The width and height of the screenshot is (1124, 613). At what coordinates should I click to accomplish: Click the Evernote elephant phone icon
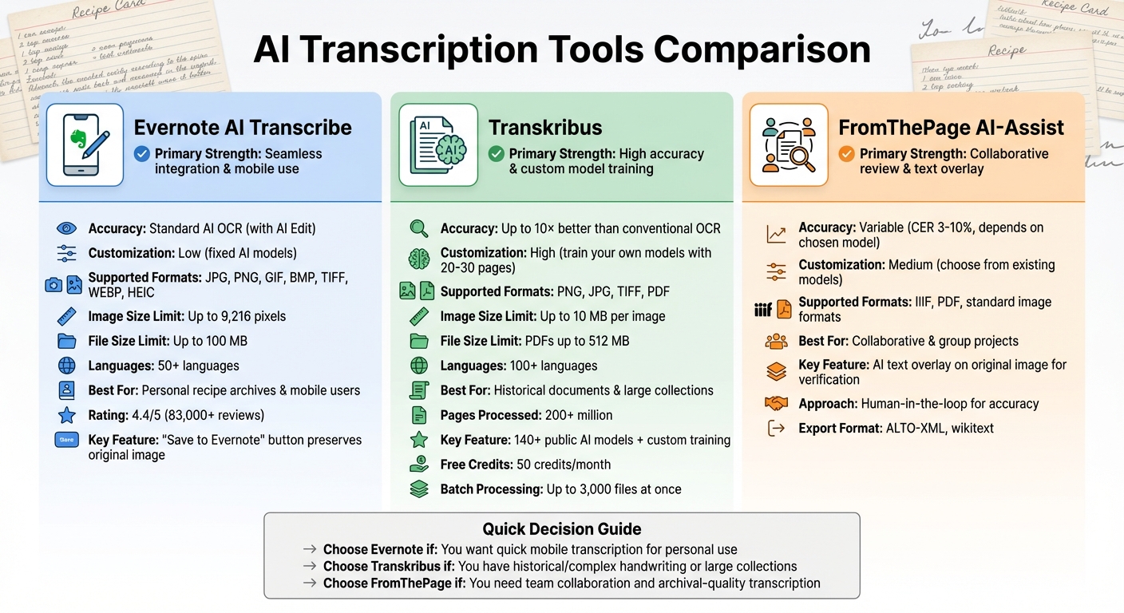(x=85, y=144)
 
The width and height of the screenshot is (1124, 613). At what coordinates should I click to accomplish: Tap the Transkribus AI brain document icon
(x=437, y=144)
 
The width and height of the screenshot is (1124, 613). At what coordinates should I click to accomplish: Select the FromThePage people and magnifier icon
(x=788, y=144)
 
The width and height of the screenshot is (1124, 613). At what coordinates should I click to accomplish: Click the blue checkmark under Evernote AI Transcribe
(x=142, y=154)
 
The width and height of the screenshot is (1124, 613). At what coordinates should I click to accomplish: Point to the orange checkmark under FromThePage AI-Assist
(x=846, y=154)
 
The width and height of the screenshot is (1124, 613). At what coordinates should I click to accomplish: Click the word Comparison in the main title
(x=762, y=49)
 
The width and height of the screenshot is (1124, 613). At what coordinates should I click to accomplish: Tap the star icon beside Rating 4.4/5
(x=67, y=415)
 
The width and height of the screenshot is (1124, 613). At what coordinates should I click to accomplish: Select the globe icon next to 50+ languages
(x=67, y=366)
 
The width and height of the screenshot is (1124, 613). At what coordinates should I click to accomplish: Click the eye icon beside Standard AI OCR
(x=67, y=229)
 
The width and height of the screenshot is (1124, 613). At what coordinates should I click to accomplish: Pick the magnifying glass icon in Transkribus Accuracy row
(x=419, y=229)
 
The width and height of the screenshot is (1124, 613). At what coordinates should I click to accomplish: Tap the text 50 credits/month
(x=565, y=465)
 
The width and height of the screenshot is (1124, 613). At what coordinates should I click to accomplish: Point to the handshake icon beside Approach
(x=776, y=404)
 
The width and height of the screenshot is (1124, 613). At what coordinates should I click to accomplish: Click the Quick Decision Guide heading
(x=561, y=529)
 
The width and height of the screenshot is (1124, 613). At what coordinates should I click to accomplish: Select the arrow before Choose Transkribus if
(x=310, y=567)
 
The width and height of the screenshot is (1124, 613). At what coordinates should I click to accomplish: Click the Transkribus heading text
(x=545, y=128)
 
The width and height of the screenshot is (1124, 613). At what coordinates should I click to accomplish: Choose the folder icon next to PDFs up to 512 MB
(x=419, y=342)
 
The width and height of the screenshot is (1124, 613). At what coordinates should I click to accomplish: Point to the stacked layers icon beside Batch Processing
(x=419, y=489)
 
